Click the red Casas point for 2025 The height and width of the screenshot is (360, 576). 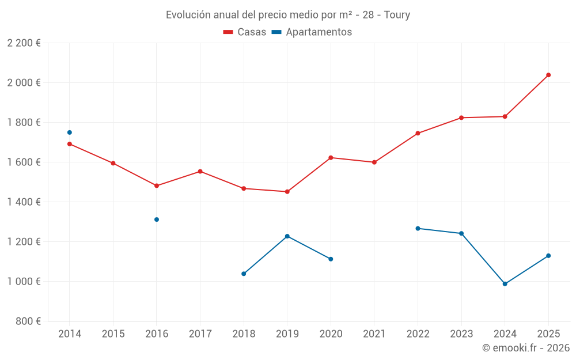[x=548, y=75]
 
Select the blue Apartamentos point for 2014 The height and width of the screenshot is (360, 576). [x=70, y=132]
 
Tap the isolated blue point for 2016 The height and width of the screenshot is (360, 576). [x=157, y=219]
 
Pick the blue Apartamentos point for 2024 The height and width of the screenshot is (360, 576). [x=505, y=284]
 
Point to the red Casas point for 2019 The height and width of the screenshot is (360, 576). [x=287, y=192]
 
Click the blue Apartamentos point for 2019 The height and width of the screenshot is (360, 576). [x=287, y=236]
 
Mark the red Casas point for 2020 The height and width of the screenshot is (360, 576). [x=331, y=158]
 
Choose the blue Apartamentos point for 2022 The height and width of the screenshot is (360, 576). [x=418, y=229]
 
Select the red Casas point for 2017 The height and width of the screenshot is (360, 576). [x=200, y=172]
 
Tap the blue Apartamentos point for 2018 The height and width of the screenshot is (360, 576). [x=244, y=274]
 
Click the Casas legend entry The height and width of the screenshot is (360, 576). [x=245, y=32]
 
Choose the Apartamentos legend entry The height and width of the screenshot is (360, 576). [x=312, y=32]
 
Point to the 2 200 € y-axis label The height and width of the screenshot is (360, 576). [x=24, y=43]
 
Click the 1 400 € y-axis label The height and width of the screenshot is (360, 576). [x=24, y=202]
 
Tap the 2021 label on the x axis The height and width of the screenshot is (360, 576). [x=374, y=334]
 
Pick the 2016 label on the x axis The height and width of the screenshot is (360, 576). [x=157, y=334]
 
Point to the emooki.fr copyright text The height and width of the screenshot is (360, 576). [x=526, y=348]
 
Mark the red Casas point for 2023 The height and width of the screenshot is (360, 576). [x=461, y=118]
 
